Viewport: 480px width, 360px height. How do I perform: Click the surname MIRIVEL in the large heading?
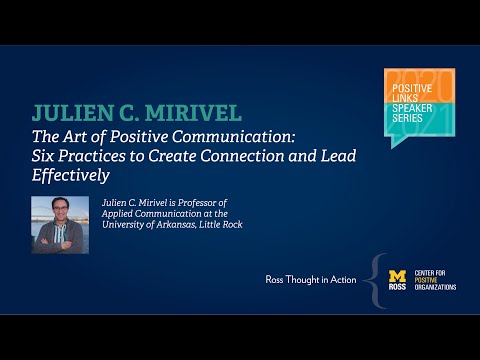[x=193, y=111]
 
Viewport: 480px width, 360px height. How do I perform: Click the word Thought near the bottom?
[x=307, y=278]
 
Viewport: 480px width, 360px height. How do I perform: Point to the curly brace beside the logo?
[x=377, y=279]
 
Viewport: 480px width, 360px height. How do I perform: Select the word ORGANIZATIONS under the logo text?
[x=438, y=287]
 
